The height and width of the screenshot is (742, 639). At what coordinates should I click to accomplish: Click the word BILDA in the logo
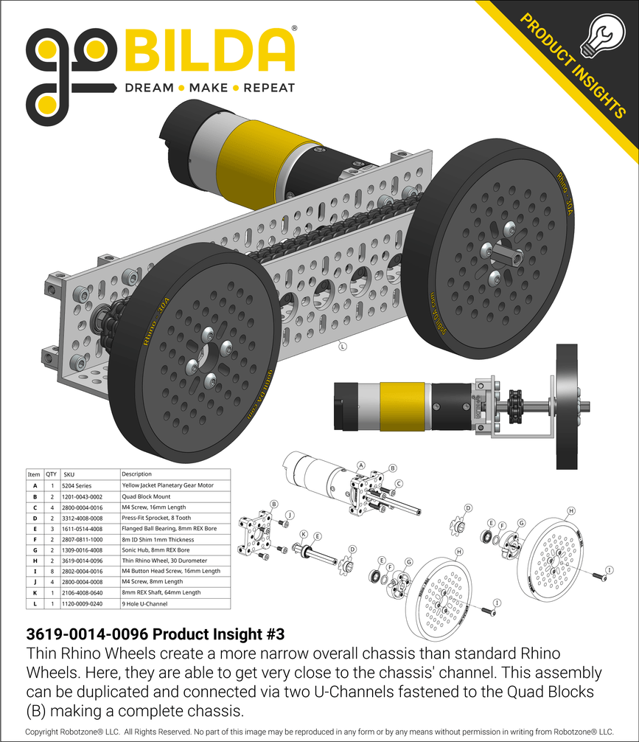(211, 51)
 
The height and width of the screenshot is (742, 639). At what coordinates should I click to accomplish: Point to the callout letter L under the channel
(343, 345)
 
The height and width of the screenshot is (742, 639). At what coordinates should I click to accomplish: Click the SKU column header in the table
(70, 474)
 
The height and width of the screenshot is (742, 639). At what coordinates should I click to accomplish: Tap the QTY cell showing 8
(52, 571)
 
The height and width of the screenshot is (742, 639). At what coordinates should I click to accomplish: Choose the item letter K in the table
(34, 592)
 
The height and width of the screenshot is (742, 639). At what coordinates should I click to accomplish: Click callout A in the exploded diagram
(361, 465)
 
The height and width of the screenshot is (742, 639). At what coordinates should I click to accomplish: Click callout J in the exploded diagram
(290, 514)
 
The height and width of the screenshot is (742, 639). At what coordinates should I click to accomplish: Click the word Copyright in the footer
(49, 732)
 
